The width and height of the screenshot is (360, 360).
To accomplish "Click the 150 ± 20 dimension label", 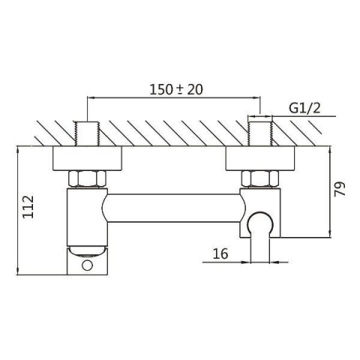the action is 176,89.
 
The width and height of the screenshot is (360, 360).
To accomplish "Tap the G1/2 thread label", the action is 304,108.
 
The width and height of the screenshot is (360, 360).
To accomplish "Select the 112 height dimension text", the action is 28,207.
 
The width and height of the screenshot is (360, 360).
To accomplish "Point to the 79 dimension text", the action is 340,189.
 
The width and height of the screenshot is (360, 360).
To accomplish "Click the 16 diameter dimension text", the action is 220,253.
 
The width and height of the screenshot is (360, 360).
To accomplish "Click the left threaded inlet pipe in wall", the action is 87,133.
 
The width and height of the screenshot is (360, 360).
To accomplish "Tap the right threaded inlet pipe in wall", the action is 260,133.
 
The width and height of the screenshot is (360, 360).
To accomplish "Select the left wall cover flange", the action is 87,158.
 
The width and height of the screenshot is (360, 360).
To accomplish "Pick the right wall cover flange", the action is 260,158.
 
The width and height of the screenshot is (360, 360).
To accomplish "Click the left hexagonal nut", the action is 87,179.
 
